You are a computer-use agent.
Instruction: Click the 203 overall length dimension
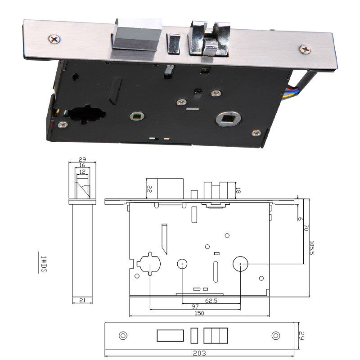point(199,353)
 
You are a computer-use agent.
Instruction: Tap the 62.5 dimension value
point(211,301)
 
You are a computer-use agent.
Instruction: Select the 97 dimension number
point(195,306)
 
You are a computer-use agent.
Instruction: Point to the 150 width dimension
point(199,313)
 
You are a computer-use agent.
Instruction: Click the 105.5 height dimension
point(311,248)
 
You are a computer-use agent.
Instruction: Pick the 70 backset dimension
point(306,228)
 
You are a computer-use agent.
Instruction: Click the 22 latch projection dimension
point(149,189)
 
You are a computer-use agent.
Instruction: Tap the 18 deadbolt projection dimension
point(238,190)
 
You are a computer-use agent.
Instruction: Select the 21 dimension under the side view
point(82,300)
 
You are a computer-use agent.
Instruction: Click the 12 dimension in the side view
point(82,171)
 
